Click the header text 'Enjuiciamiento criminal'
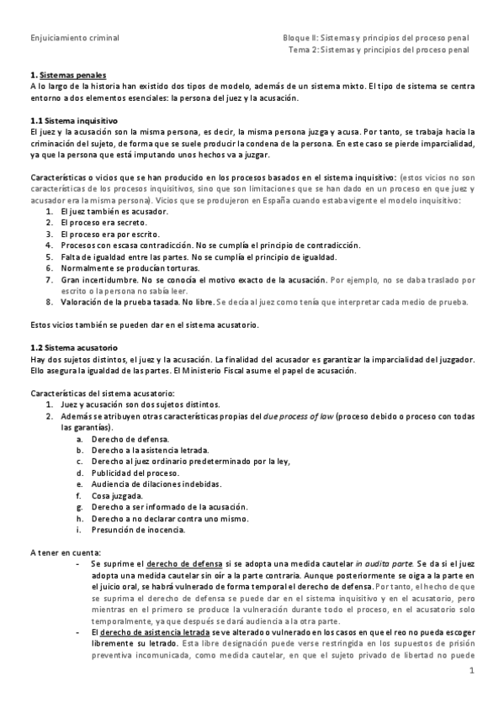74,38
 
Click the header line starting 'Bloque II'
376,38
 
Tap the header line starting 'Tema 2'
379,50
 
